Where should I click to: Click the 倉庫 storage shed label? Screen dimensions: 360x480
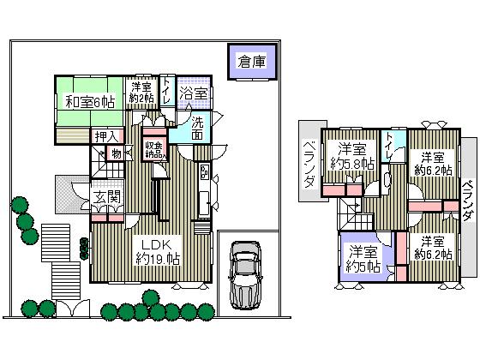251,62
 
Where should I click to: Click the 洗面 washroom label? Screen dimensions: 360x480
198,127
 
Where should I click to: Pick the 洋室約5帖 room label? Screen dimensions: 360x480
363,258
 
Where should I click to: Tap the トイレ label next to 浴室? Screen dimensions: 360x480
166,92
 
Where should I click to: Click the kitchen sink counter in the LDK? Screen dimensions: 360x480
203,206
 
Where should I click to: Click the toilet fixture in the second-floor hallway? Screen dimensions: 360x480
387,180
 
